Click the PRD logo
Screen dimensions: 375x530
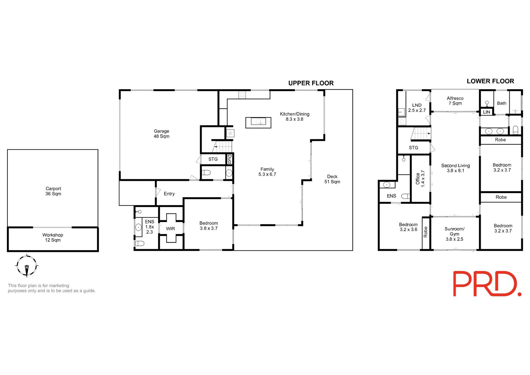tap(487, 284)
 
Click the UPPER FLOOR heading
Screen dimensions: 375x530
tap(311, 83)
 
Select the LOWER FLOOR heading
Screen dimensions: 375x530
tap(490, 81)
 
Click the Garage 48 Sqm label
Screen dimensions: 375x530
tap(161, 134)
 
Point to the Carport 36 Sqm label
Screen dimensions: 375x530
tap(53, 191)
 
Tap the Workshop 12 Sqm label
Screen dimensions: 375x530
tap(53, 237)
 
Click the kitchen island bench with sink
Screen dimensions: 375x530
tap(258, 122)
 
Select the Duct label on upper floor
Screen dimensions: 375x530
tap(229, 159)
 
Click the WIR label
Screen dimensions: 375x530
tap(170, 229)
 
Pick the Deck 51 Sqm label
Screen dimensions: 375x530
tap(332, 179)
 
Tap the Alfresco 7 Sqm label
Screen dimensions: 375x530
tap(455, 101)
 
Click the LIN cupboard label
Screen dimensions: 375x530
tap(487, 112)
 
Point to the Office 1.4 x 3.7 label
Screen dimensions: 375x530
tap(420, 179)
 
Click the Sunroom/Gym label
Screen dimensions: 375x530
tap(454, 234)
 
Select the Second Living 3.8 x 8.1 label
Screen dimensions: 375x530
tap(455, 168)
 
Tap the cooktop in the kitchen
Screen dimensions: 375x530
tap(242, 95)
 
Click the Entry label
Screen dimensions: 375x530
tap(169, 194)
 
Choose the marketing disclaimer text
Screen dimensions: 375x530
tap(52, 288)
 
